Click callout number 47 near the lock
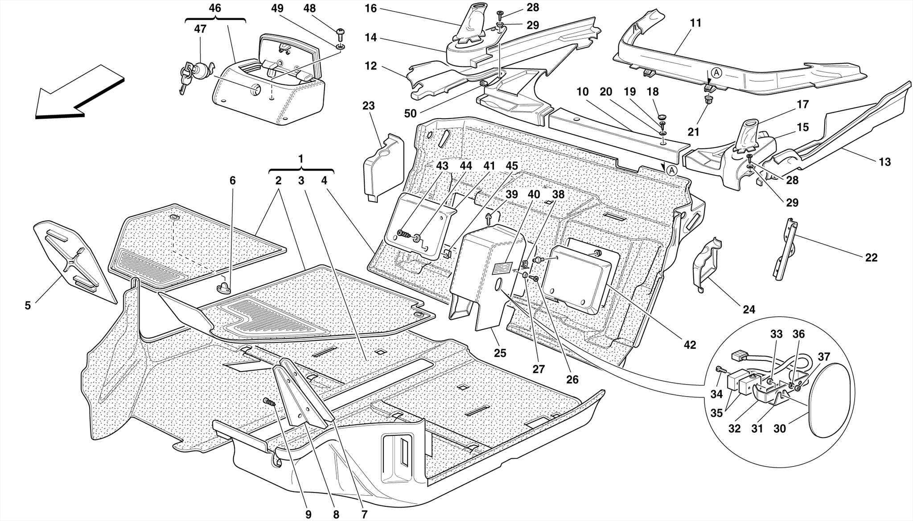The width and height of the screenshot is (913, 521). click(x=200, y=29)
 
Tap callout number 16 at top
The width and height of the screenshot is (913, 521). click(x=370, y=8)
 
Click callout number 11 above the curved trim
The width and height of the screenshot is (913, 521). click(x=695, y=23)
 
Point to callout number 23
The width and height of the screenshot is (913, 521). click(x=369, y=106)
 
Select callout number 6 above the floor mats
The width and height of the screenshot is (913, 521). click(x=232, y=181)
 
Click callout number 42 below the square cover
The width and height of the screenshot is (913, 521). click(x=690, y=345)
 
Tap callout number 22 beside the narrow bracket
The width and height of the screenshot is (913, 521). click(x=871, y=258)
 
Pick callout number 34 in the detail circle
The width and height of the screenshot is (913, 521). click(x=716, y=394)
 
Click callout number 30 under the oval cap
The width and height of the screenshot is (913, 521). click(x=780, y=429)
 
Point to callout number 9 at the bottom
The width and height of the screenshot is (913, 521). click(x=308, y=514)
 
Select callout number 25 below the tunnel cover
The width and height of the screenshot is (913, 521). click(x=500, y=353)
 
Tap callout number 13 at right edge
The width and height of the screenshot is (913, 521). click(x=884, y=162)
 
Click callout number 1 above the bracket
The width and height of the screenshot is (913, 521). click(x=301, y=159)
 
